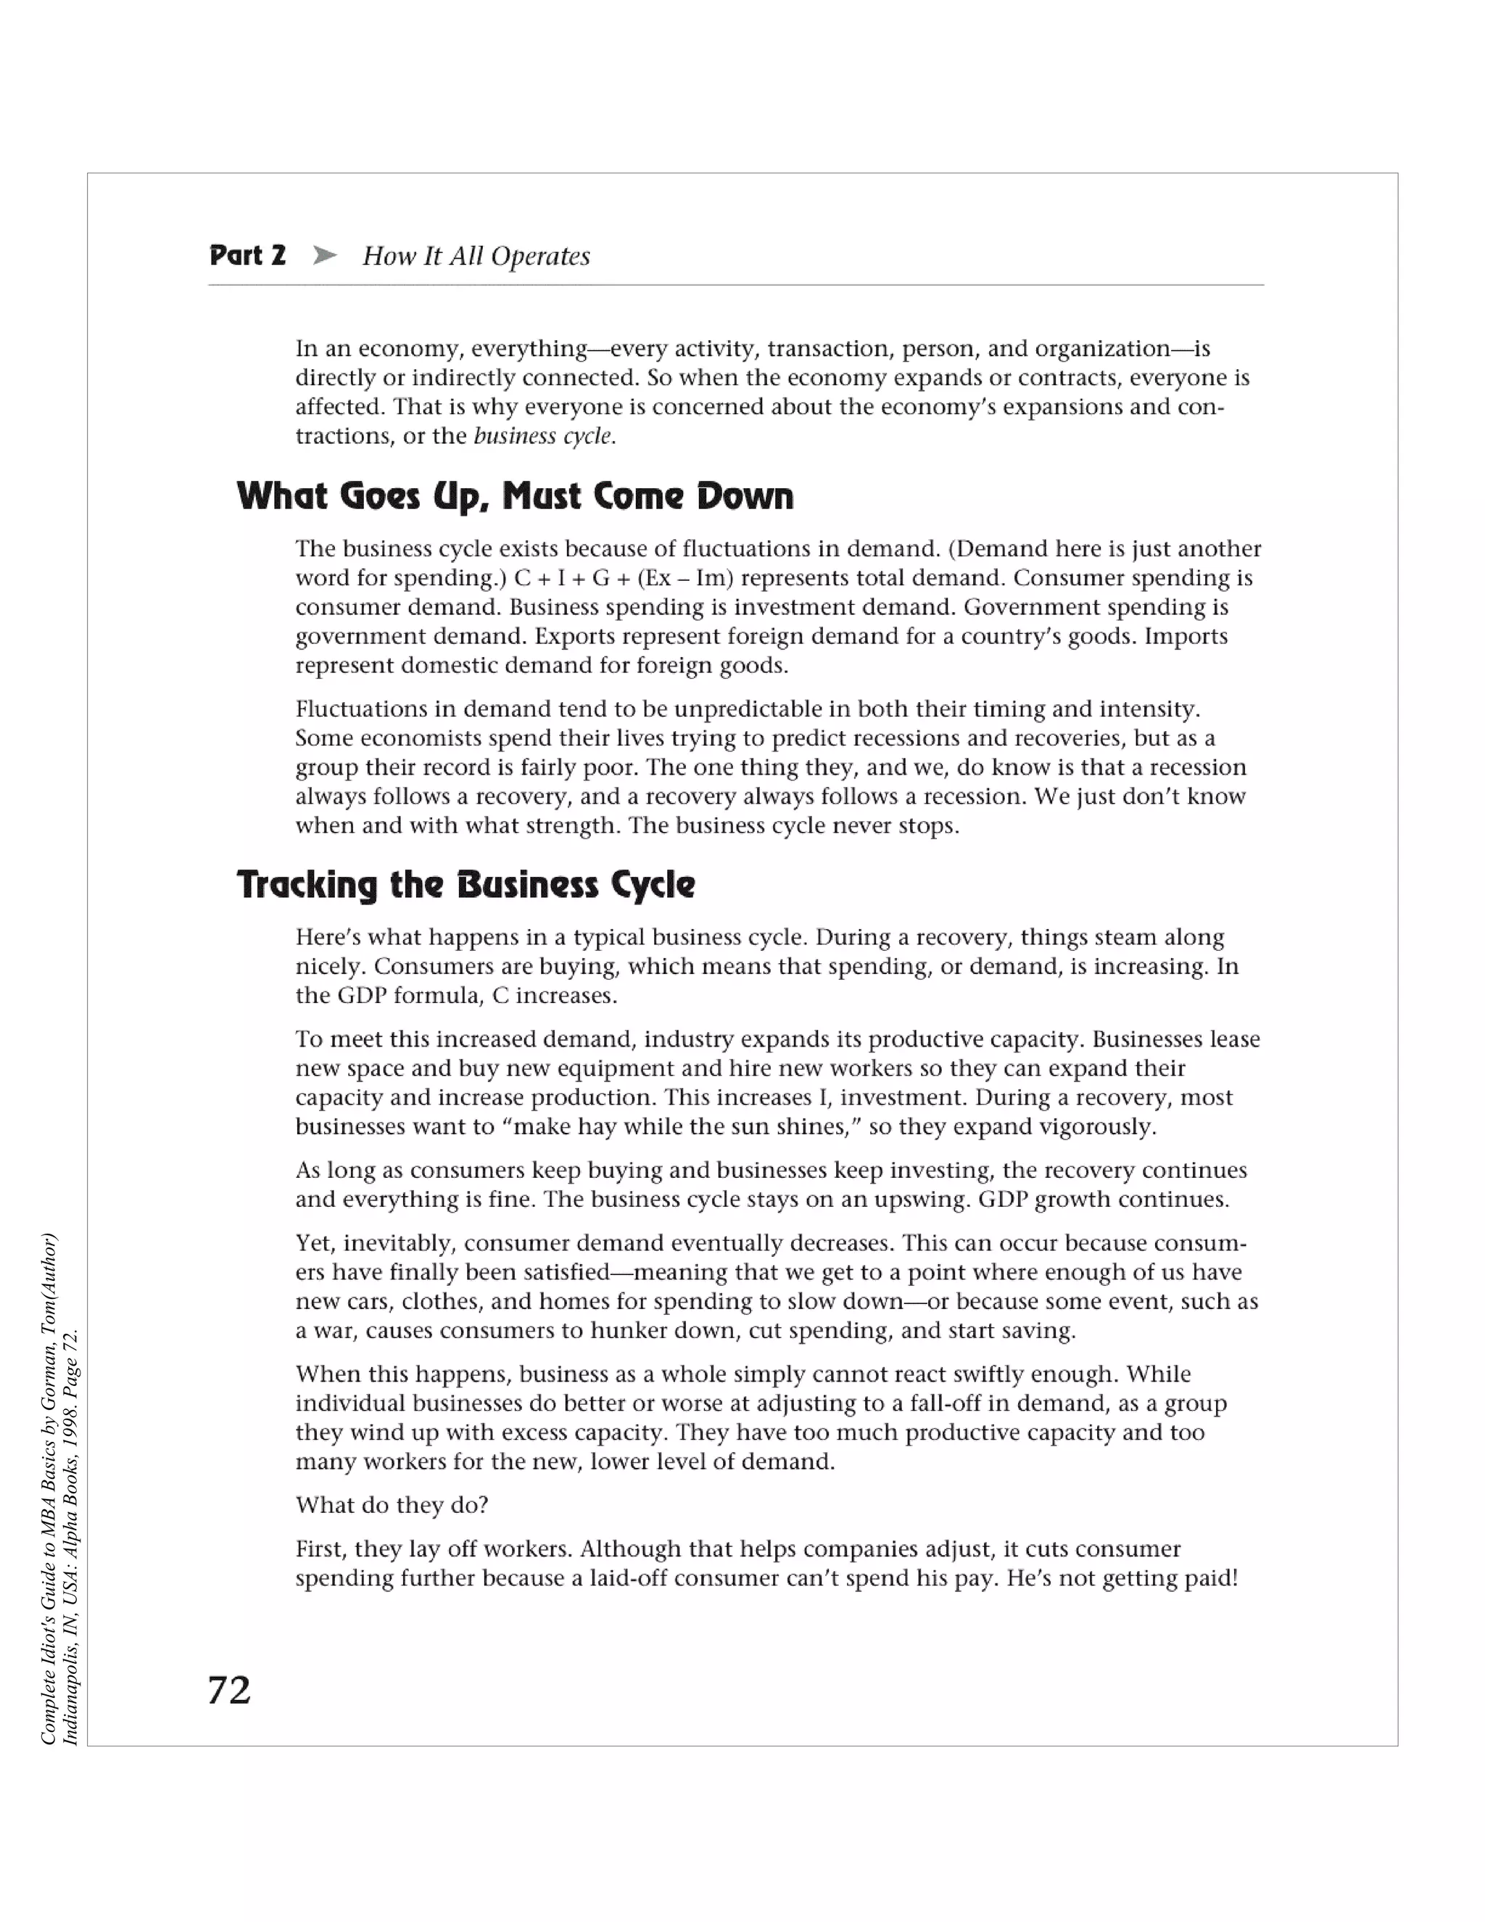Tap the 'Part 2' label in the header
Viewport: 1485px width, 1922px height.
[x=247, y=255]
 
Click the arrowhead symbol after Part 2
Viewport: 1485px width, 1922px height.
[x=325, y=255]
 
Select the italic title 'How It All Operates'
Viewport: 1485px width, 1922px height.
[x=476, y=256]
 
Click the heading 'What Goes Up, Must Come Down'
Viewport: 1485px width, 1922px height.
[x=515, y=496]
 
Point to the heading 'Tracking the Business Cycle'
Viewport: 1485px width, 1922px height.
[x=466, y=884]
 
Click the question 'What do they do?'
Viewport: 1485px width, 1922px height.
[x=392, y=1505]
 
